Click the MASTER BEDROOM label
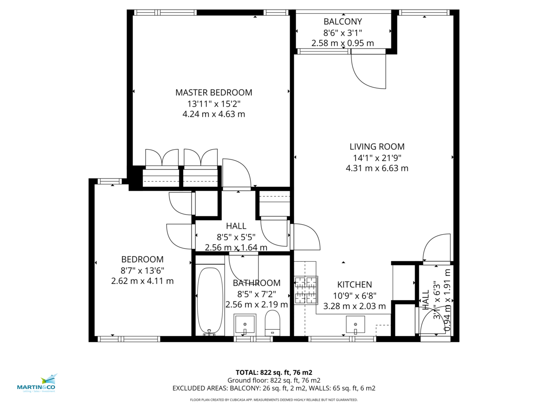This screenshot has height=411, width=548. coord(214,92)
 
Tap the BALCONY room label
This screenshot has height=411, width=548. coord(342,21)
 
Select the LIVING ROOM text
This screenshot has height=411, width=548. coord(377,147)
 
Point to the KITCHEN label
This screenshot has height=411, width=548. coord(354,285)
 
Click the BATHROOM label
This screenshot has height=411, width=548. coord(257,283)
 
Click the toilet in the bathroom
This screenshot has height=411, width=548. coord(273,323)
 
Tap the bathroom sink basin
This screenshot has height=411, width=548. coord(245,324)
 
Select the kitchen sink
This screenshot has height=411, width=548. coord(355,324)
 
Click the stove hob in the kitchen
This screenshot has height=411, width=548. coord(306,290)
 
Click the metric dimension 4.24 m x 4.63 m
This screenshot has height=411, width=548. coord(214,114)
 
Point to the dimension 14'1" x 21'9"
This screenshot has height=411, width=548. coord(377,158)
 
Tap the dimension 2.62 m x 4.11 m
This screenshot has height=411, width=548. coord(142,281)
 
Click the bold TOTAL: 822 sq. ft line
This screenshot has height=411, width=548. coord(274,372)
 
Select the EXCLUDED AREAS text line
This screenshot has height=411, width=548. coord(274,388)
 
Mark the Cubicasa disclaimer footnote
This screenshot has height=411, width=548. coord(274,400)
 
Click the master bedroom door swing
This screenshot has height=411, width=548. coord(237,174)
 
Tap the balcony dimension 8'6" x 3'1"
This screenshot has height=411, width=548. coord(342,32)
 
